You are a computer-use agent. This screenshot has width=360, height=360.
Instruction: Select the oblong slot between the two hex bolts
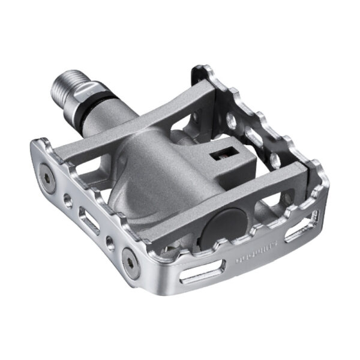click(x=90, y=223)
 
